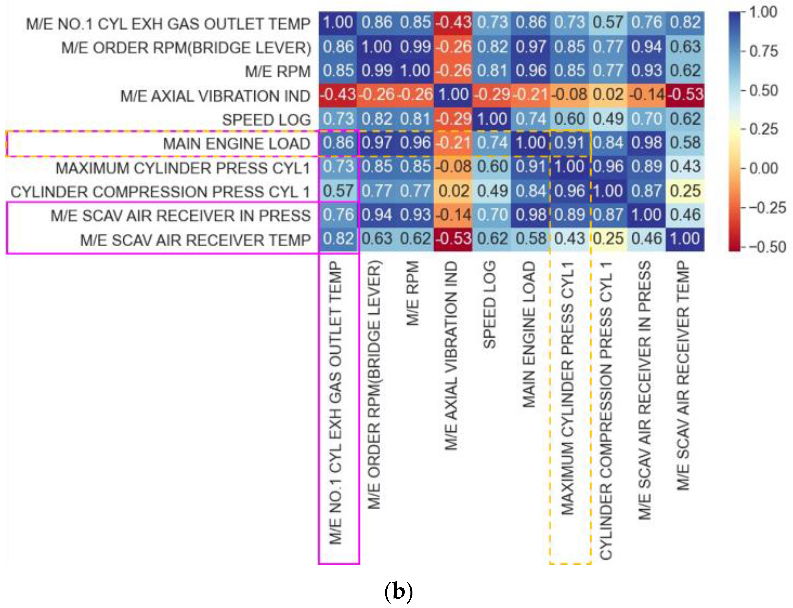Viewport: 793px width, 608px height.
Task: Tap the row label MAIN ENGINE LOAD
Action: pyautogui.click(x=236, y=144)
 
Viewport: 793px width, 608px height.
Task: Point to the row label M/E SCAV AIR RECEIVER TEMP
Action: pyautogui.click(x=195, y=240)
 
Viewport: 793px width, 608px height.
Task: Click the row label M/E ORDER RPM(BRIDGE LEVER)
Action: pyautogui.click(x=186, y=48)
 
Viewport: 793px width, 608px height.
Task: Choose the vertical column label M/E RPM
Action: pyautogui.click(x=413, y=293)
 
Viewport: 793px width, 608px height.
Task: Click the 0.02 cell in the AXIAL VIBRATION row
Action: pyautogui.click(x=608, y=95)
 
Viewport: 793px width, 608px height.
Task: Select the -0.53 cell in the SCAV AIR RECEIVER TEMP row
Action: pyautogui.click(x=453, y=239)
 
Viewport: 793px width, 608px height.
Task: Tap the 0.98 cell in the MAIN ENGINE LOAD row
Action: pyautogui.click(x=646, y=143)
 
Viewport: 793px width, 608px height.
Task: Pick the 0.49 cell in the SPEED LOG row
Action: pyautogui.click(x=608, y=119)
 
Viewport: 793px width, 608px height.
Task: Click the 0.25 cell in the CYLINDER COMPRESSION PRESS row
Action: pyautogui.click(x=685, y=191)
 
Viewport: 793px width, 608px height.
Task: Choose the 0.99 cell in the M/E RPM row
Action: pyautogui.click(x=376, y=70)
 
